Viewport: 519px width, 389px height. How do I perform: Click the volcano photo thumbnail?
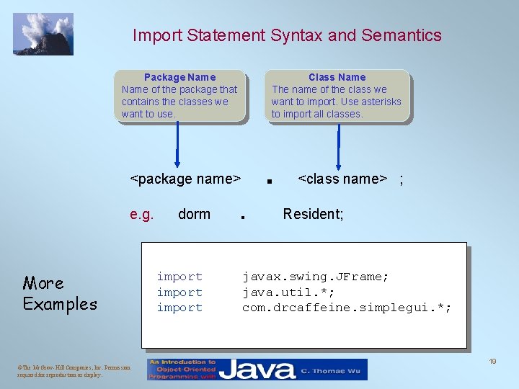pos(43,34)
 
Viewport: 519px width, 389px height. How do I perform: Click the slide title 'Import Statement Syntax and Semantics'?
pos(287,35)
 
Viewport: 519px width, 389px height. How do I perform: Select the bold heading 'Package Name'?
pos(179,77)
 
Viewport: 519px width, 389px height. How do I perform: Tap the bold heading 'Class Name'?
pos(337,77)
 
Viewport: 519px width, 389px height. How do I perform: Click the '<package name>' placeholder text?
pos(185,179)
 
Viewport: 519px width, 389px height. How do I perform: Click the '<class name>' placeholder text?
pos(343,179)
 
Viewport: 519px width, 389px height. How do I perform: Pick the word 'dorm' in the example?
pos(194,214)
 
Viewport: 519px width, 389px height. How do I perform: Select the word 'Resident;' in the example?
pos(313,214)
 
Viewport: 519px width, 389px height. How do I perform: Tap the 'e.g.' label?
pos(141,214)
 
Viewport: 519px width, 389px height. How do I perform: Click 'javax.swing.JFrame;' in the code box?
pos(315,277)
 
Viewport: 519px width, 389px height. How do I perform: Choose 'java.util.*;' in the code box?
pos(288,292)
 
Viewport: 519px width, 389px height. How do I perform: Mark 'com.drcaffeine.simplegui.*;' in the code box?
pos(347,308)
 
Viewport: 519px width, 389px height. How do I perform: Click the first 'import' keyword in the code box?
pos(179,277)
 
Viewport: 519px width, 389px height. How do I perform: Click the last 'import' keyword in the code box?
pos(179,308)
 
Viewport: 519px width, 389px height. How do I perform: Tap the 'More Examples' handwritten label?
pos(59,293)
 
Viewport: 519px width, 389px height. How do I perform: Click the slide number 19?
pos(492,361)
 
